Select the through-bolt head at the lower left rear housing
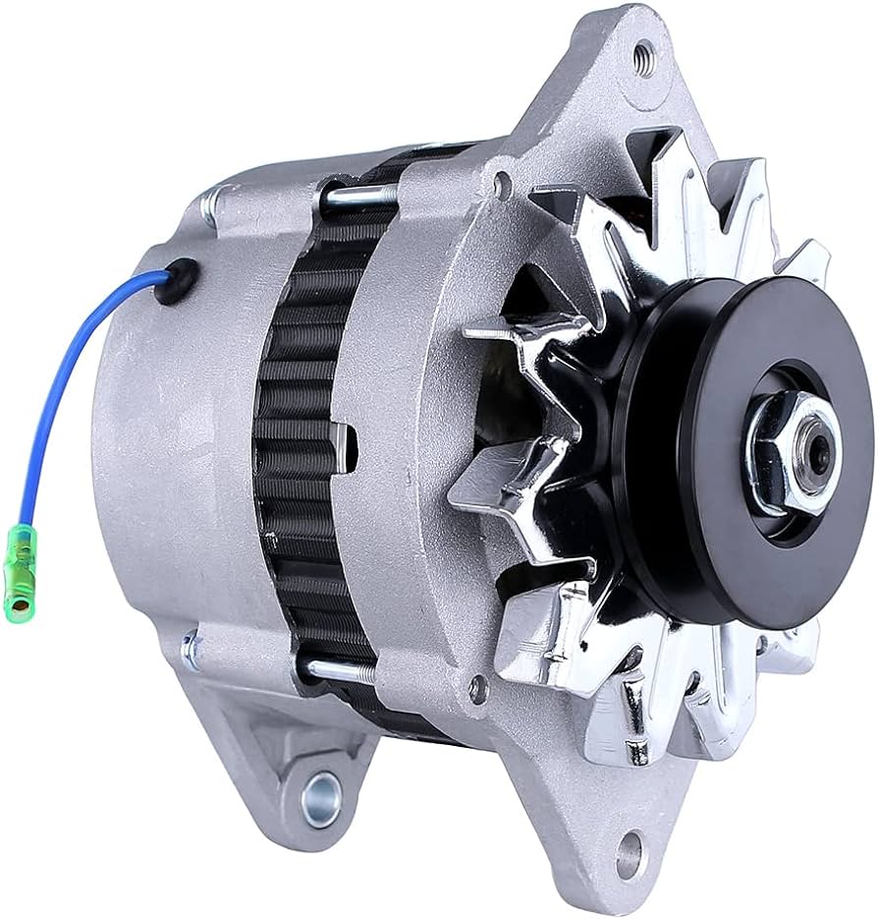point(191,648)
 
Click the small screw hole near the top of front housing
point(503,183)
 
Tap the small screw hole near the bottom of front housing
point(478,687)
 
